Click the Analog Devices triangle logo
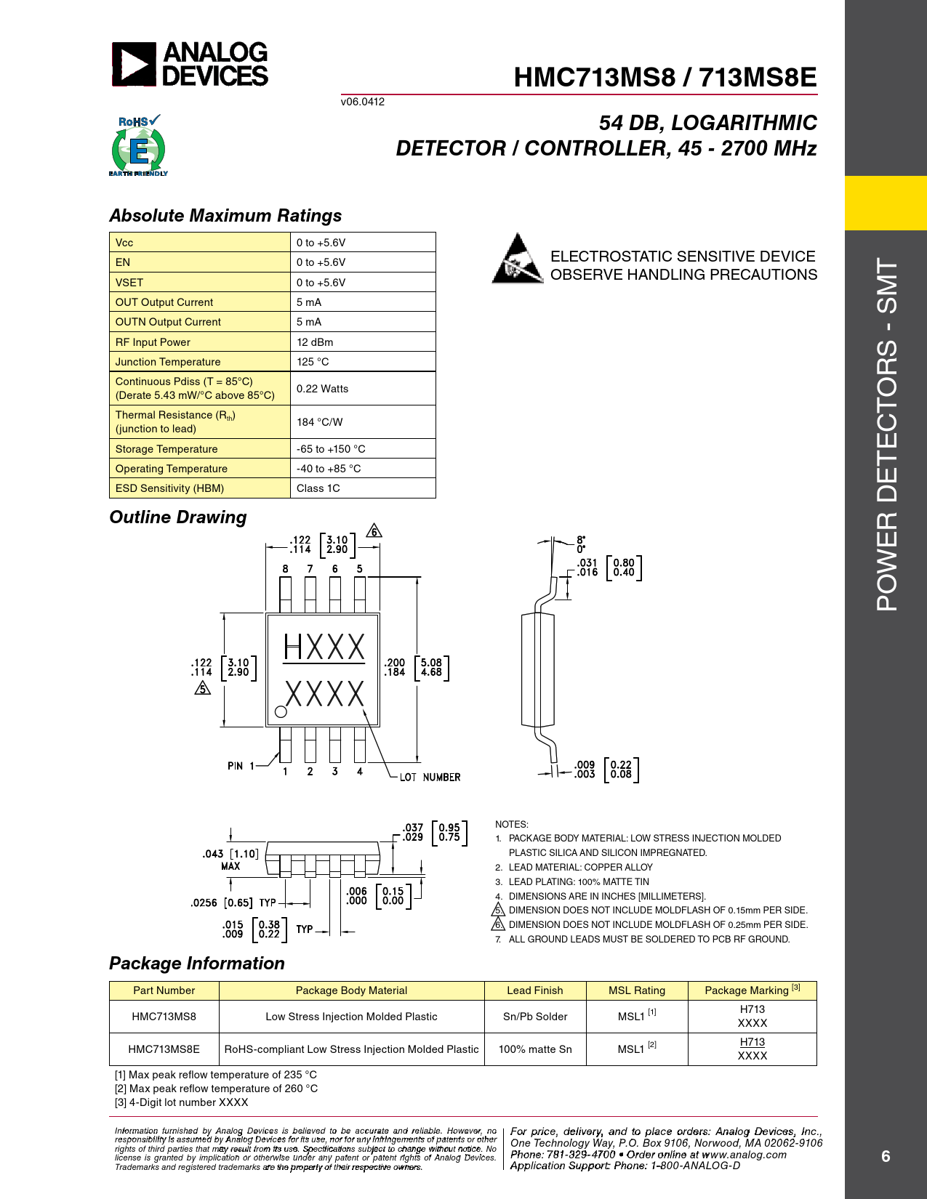(134, 64)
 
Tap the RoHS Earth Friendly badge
(138, 146)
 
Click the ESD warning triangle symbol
(517, 259)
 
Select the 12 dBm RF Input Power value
(315, 342)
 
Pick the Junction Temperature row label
(168, 362)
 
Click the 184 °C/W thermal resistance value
(319, 422)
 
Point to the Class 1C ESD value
(318, 488)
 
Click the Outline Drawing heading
(178, 517)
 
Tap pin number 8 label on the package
(285, 569)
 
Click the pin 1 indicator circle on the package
(280, 712)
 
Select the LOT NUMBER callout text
(430, 778)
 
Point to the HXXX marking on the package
(324, 647)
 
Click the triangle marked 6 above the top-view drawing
(374, 531)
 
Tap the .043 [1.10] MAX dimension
(230, 858)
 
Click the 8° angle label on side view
(581, 540)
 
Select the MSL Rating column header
(636, 990)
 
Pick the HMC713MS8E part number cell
(164, 1049)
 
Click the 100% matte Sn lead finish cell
(535, 1049)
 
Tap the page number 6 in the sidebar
(886, 1156)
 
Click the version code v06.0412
(363, 102)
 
